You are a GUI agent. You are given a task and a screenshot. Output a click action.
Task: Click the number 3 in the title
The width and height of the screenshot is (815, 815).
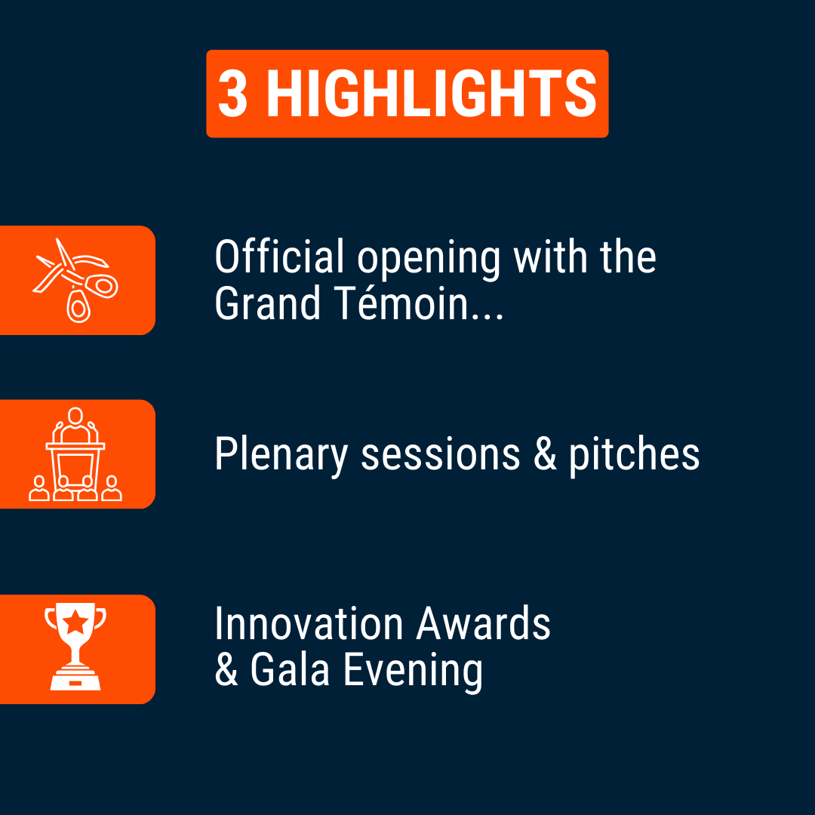(232, 94)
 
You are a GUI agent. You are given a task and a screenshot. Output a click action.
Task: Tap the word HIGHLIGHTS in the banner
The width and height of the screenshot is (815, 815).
(432, 94)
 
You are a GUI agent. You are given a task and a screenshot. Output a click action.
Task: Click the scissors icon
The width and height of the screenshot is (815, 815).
(76, 280)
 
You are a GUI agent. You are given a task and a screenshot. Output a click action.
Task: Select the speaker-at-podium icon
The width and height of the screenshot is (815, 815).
(75, 454)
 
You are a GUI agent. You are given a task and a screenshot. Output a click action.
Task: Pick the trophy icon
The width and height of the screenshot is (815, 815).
(75, 647)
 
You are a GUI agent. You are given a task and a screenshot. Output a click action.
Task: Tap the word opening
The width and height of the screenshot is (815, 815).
(429, 259)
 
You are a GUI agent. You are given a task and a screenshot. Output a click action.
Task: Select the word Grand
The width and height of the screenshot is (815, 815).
(268, 303)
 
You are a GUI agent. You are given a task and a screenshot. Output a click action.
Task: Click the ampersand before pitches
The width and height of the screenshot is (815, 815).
(545, 454)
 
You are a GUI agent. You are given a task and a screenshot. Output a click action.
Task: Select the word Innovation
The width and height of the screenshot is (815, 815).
(309, 623)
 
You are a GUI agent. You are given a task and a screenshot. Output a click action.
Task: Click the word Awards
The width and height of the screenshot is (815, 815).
(484, 623)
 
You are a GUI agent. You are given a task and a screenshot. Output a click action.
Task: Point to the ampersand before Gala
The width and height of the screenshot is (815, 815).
(226, 669)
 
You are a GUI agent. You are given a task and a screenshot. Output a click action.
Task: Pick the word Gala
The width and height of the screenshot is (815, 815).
(290, 669)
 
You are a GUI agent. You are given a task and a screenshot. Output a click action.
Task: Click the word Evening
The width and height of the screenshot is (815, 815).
(413, 672)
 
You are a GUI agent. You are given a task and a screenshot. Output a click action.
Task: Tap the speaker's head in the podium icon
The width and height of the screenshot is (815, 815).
(75, 416)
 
